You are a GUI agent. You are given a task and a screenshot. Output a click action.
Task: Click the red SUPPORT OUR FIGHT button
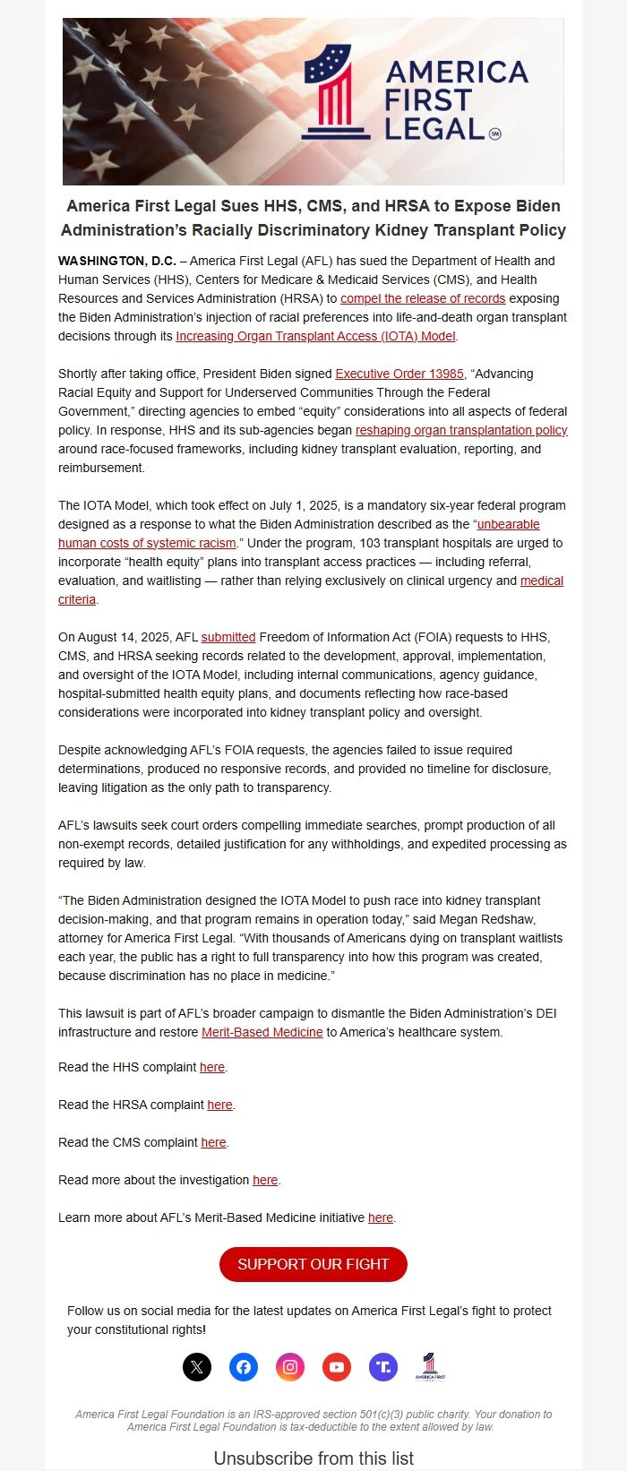(313, 1264)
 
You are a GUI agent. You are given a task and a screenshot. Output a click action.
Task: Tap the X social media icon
(197, 1366)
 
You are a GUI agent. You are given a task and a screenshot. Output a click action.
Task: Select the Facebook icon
(244, 1366)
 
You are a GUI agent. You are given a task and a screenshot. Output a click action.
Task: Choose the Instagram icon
(290, 1366)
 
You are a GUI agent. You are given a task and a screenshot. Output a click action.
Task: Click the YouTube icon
(337, 1366)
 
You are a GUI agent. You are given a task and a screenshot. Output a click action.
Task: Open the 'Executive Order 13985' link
(399, 374)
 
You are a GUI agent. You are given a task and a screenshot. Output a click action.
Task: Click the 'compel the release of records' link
(423, 298)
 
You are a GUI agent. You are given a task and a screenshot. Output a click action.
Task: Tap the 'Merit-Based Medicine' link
(262, 1032)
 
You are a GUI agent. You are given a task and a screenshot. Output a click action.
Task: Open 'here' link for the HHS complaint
(212, 1067)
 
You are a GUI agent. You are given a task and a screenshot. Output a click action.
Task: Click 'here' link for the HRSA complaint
(219, 1105)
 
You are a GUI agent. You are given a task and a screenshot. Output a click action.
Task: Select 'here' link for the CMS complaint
(213, 1142)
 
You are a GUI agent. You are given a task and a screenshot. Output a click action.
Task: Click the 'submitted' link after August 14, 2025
(228, 637)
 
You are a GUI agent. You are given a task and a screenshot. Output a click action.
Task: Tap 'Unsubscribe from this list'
(313, 1458)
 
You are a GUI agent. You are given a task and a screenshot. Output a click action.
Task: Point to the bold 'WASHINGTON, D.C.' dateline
(117, 261)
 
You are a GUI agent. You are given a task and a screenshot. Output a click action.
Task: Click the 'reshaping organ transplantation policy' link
(461, 430)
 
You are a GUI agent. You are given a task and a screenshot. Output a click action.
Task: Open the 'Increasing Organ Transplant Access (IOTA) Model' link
(316, 336)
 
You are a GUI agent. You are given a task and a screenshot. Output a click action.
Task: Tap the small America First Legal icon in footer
(430, 1366)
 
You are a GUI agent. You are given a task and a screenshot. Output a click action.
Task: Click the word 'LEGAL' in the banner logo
(434, 129)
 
